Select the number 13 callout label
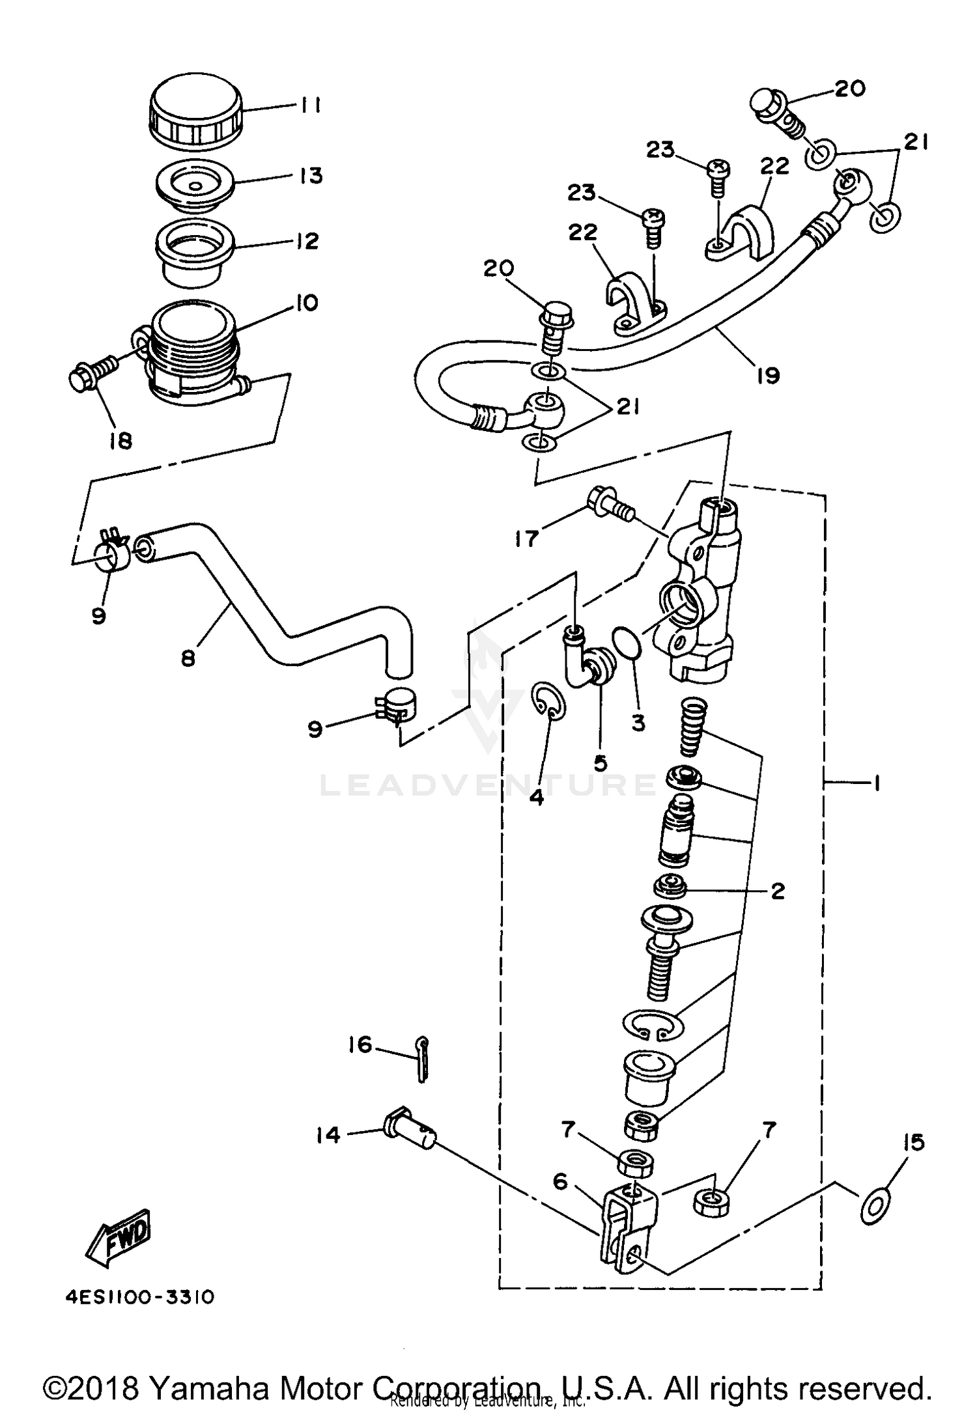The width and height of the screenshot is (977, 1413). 312,176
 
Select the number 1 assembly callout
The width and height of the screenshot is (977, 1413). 876,784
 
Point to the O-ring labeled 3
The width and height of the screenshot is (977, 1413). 627,643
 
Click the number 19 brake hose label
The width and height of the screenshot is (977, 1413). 769,376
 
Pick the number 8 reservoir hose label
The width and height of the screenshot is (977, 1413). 188,658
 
